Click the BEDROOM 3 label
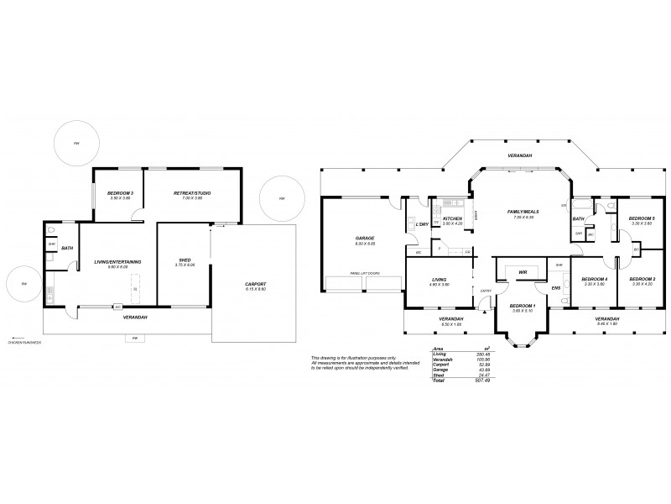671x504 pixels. click(x=121, y=193)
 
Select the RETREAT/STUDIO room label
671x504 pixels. click(x=192, y=193)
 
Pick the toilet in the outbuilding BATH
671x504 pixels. click(x=52, y=229)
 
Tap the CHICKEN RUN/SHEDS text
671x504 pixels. click(x=25, y=343)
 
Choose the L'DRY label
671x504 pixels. click(x=422, y=224)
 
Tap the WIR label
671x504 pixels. click(x=523, y=272)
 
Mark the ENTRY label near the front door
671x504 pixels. click(x=486, y=291)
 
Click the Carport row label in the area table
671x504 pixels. click(x=438, y=365)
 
